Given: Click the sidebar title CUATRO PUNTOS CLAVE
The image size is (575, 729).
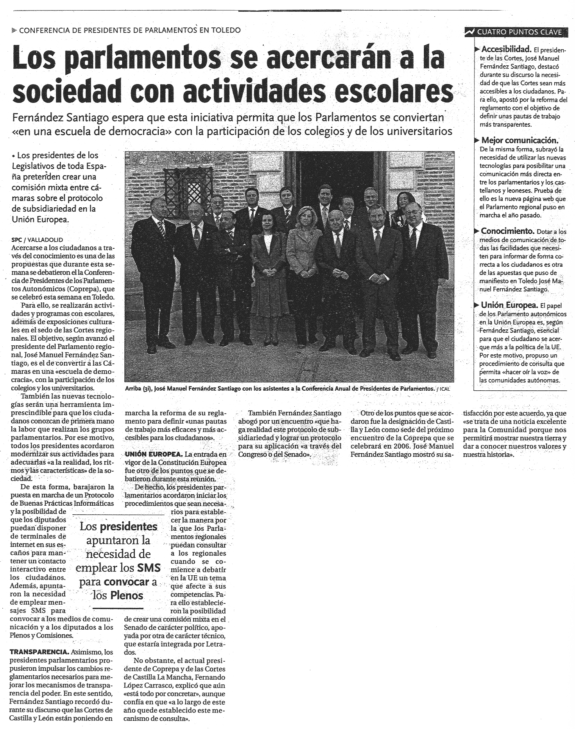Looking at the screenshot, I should point(519,32).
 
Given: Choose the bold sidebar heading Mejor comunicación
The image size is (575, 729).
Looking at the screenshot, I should point(519,140).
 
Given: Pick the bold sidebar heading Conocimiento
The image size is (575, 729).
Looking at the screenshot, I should point(507,231).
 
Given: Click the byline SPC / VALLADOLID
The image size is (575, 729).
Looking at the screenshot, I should point(37,240).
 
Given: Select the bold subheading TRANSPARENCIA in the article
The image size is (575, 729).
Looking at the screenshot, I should point(39,652).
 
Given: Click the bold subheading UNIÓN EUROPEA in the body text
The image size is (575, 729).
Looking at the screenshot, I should point(153,454).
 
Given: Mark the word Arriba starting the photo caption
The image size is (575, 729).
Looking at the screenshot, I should point(133,389).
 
